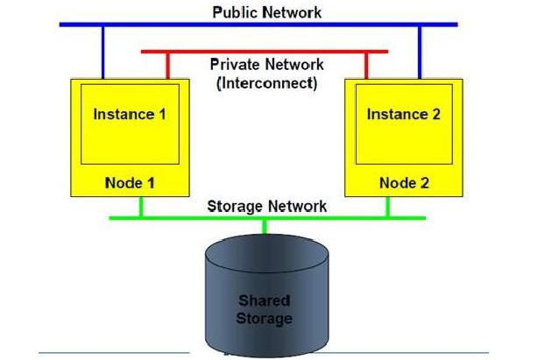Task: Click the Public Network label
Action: [x=266, y=12]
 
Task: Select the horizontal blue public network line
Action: [x=258, y=25]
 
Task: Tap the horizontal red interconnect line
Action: [x=265, y=52]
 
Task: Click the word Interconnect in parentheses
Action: [x=266, y=83]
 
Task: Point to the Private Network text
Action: [x=266, y=65]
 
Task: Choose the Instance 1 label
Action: [x=130, y=115]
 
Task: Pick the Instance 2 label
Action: [x=404, y=115]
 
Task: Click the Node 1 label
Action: [x=130, y=183]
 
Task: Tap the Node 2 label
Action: [x=404, y=183]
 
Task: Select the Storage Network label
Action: [x=266, y=206]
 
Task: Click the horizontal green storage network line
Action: [x=267, y=218]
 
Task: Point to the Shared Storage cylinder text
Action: [x=264, y=309]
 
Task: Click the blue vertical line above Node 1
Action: [x=103, y=53]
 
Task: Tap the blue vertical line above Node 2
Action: [x=420, y=53]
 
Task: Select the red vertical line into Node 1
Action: [x=168, y=67]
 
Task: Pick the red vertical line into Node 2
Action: [x=366, y=67]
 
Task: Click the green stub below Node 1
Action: [x=141, y=207]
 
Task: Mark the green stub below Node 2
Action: [x=388, y=207]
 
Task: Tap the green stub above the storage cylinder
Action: [x=265, y=227]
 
